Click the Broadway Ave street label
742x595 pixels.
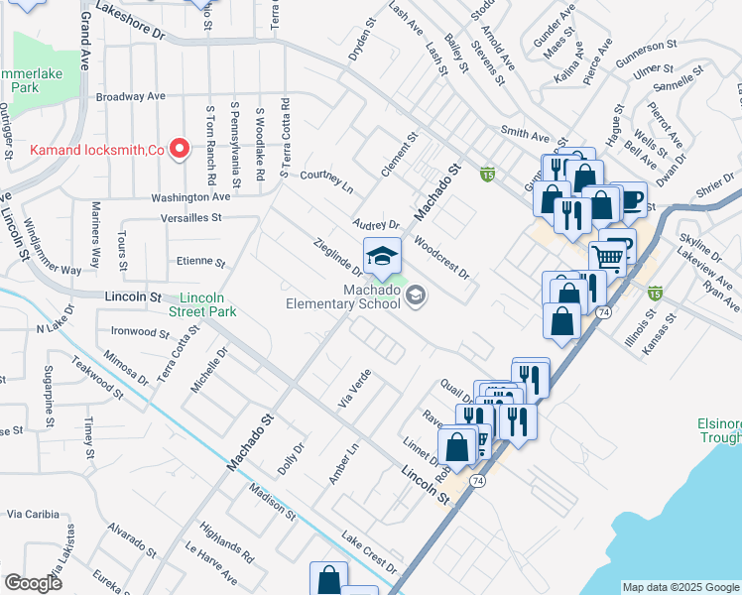click(x=130, y=97)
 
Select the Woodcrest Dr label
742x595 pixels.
click(x=440, y=260)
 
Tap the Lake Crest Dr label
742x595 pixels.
click(x=369, y=553)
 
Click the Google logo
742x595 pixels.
click(x=33, y=584)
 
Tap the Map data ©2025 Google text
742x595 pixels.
click(x=680, y=586)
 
